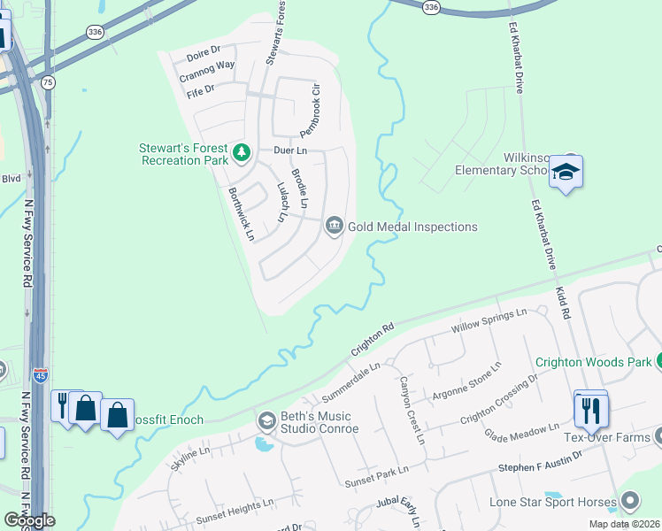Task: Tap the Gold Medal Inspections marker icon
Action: [334, 227]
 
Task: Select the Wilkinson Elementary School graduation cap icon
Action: [565, 173]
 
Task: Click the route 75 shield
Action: [48, 82]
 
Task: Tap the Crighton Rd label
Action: [372, 338]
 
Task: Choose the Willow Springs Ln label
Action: [489, 320]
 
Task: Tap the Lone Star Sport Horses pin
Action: [631, 502]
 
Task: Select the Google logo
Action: [29, 520]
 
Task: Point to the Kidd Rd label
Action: [564, 302]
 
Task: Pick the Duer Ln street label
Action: [289, 151]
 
